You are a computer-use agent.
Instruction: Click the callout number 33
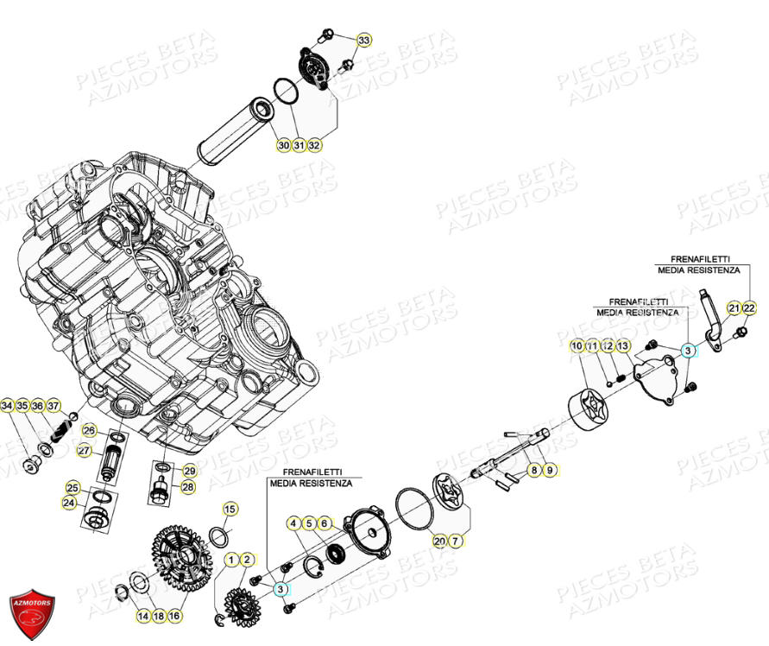click(363, 41)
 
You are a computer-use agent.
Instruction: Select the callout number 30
click(283, 146)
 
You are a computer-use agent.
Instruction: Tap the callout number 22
click(749, 308)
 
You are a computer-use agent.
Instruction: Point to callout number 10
click(577, 346)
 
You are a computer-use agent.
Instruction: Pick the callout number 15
click(229, 510)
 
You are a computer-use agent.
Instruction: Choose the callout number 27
click(84, 450)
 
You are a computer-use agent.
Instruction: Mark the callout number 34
click(8, 405)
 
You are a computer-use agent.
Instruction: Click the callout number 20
click(439, 541)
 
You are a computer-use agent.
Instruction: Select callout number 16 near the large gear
click(174, 616)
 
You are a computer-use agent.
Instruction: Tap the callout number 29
click(190, 471)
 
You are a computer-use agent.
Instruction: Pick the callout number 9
click(551, 471)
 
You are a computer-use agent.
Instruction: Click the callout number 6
click(324, 523)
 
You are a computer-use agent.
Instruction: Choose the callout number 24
click(68, 502)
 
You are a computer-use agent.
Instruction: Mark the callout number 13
click(623, 346)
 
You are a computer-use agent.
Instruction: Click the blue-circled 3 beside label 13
click(687, 350)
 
